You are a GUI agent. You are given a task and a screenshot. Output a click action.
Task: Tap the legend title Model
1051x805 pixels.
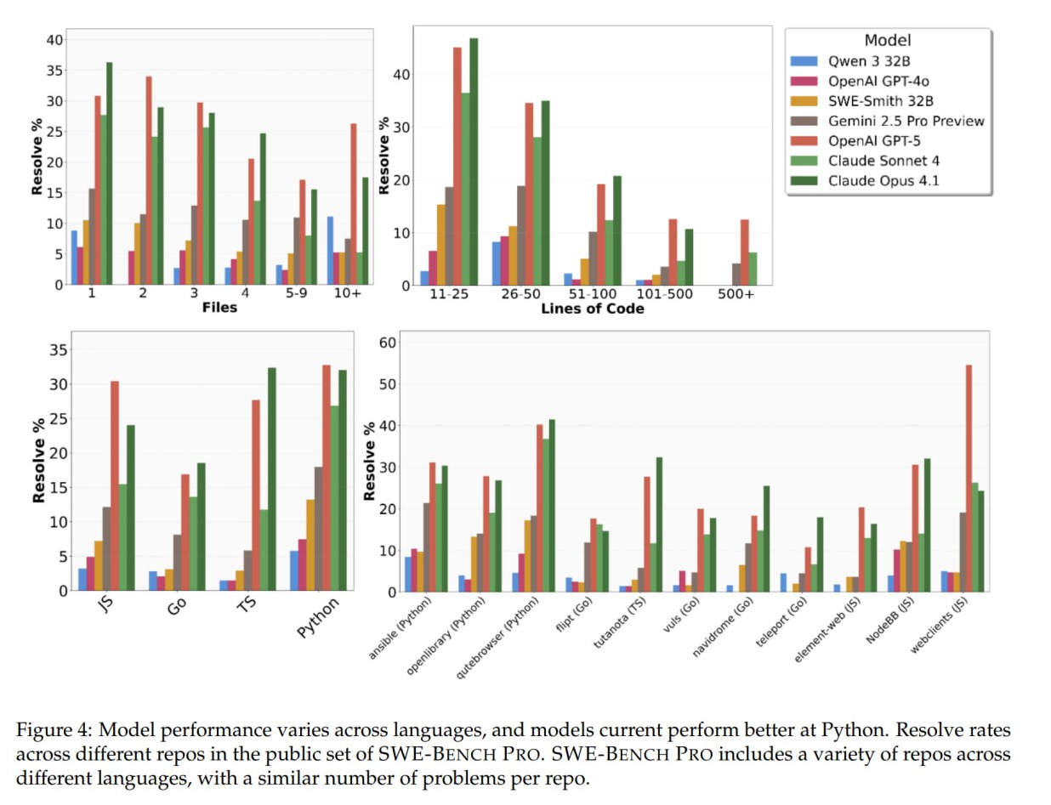(887, 40)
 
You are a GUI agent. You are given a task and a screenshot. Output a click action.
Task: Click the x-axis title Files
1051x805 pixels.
(219, 308)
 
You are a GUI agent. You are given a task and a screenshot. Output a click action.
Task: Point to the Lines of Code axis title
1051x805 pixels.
(593, 309)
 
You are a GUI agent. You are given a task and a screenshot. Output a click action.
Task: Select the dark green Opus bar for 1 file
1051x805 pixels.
(109, 173)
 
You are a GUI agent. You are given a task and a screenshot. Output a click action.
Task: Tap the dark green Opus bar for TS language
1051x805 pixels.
(272, 479)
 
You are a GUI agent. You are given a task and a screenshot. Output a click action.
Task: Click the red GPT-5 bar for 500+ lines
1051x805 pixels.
(745, 252)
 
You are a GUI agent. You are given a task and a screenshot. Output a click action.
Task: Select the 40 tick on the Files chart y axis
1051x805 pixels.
(54, 39)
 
